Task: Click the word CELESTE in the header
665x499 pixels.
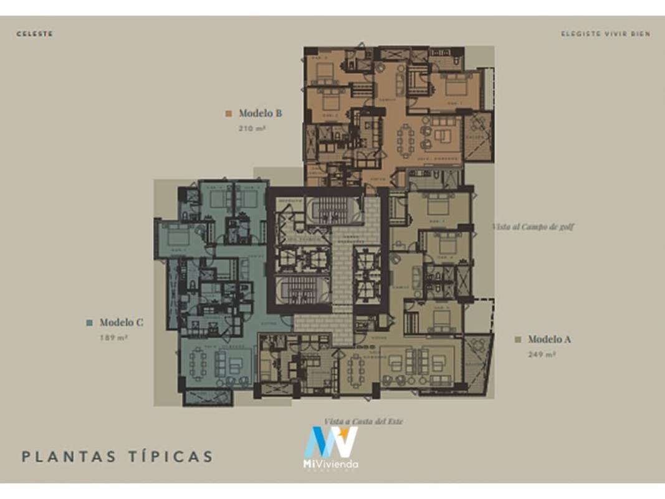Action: click(x=35, y=34)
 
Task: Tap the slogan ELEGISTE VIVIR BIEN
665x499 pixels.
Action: click(x=605, y=34)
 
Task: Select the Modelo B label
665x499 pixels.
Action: click(x=260, y=114)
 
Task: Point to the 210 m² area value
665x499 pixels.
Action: click(x=252, y=128)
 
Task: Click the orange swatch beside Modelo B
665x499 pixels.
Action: click(x=229, y=114)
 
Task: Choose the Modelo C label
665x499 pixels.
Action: click(x=121, y=322)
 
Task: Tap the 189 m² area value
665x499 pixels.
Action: click(x=113, y=337)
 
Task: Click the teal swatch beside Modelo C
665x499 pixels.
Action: click(x=89, y=322)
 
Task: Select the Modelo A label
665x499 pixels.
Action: click(x=548, y=339)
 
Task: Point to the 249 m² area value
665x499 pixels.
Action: click(x=542, y=354)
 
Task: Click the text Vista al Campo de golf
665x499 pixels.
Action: click(x=532, y=227)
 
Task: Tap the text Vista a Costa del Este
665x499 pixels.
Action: click(x=363, y=422)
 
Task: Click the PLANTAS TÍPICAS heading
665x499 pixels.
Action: click(x=117, y=457)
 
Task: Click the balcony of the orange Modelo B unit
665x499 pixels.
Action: click(x=479, y=136)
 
